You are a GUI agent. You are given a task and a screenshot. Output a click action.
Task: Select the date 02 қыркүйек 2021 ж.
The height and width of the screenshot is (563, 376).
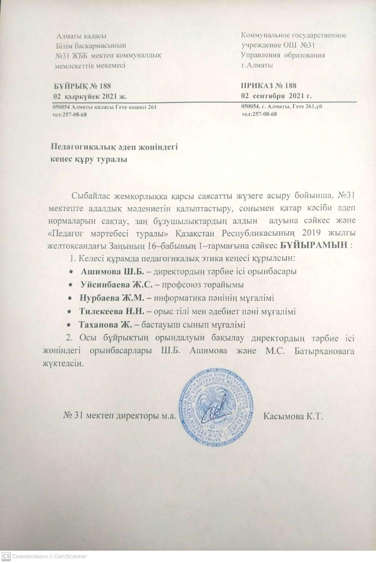pyautogui.click(x=91, y=96)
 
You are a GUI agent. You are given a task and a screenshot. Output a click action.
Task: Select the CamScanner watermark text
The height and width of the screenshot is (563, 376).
pyautogui.click(x=50, y=556)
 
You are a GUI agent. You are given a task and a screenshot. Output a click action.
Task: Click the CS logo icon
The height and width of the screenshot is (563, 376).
pyautogui.click(x=6, y=556)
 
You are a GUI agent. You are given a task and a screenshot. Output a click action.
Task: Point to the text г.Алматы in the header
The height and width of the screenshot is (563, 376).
pyautogui.click(x=257, y=65)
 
